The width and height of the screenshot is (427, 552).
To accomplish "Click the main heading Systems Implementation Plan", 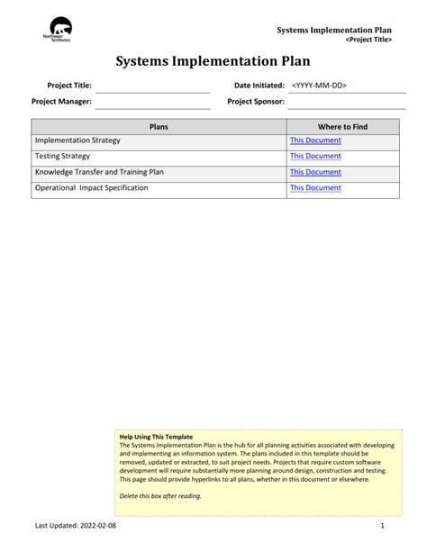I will pos(213,61).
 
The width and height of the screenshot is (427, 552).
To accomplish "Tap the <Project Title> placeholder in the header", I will pos(368,41).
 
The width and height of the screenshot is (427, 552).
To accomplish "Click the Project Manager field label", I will pos(61,102).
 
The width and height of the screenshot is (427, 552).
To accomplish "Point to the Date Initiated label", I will pos(259,86).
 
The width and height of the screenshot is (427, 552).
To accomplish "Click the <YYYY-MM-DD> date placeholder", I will pos(319,86).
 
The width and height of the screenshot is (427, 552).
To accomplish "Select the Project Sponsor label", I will pos(256,102).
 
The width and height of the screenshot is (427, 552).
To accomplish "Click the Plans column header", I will pos(159,127).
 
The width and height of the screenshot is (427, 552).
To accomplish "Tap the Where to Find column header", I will pos(342,127).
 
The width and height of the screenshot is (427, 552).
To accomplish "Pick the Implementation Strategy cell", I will pos(77,141).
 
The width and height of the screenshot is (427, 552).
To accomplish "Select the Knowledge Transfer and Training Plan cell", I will pos(99,172).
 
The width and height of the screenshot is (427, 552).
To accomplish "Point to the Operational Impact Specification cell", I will pos(91,188).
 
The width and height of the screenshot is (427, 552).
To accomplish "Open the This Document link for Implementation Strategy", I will pos(315,141).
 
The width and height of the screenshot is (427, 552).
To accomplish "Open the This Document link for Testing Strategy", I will pos(315,157).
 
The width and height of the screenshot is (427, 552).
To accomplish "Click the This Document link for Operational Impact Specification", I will pos(315,188).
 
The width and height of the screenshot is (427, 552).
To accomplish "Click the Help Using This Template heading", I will pos(156,437).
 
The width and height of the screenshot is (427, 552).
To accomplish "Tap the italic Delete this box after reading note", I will pos(160,496).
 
